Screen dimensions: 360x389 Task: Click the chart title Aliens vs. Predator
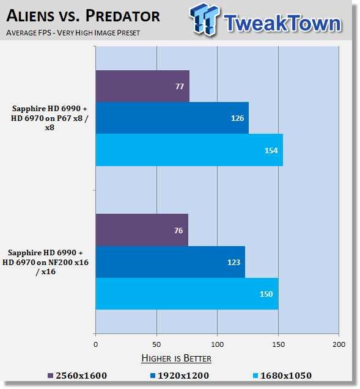pyautogui.click(x=83, y=16)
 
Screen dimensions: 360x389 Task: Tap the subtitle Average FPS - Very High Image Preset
pyautogui.click(x=73, y=33)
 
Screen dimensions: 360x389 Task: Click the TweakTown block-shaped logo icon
pyautogui.click(x=204, y=20)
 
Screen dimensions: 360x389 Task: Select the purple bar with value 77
pyautogui.click(x=142, y=86)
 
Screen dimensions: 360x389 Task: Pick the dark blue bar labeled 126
pyautogui.click(x=172, y=118)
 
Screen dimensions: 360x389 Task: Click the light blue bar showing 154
pyautogui.click(x=189, y=150)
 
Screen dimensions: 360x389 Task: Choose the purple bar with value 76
pyautogui.click(x=142, y=230)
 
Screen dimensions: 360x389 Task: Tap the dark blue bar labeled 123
pyautogui.click(x=171, y=262)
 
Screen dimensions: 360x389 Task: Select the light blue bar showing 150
pyautogui.click(x=187, y=294)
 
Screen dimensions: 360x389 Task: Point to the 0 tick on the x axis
pyautogui.click(x=95, y=344)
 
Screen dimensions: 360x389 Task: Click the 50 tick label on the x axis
pyautogui.click(x=156, y=344)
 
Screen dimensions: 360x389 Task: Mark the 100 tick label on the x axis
pyautogui.click(x=217, y=344)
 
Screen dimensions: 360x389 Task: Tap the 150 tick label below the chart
pyautogui.click(x=278, y=344)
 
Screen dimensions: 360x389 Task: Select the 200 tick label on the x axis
pyautogui.click(x=339, y=344)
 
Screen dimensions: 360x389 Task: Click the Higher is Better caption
pyautogui.click(x=176, y=358)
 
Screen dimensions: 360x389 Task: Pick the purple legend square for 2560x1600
pyautogui.click(x=50, y=376)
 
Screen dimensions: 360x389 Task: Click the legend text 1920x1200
pyautogui.click(x=183, y=376)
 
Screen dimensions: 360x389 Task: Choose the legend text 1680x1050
pyautogui.click(x=286, y=376)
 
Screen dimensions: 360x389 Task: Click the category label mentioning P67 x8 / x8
pyautogui.click(x=50, y=118)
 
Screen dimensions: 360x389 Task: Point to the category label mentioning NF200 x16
pyautogui.click(x=45, y=262)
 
